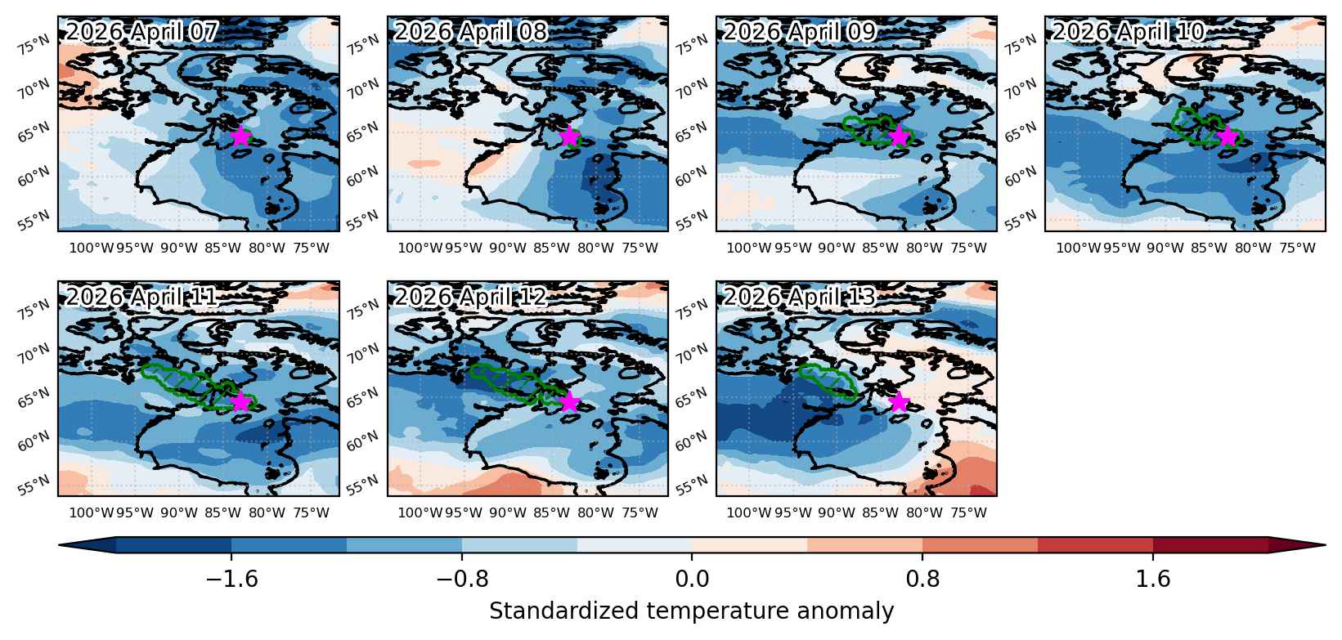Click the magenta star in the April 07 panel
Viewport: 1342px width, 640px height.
tap(240, 137)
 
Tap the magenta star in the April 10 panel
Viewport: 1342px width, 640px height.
tap(1228, 137)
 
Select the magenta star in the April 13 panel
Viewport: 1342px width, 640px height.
tap(899, 401)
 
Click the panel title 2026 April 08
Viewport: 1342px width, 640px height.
tap(471, 32)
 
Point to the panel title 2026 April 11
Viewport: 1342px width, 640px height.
tap(141, 297)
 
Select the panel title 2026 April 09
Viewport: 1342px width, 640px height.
tap(800, 32)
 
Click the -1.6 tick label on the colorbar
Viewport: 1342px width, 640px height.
tap(232, 579)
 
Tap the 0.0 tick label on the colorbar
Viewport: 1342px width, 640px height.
tap(692, 579)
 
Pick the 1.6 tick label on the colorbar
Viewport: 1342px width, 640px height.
tap(1153, 579)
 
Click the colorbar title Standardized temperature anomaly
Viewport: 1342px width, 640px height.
tap(691, 611)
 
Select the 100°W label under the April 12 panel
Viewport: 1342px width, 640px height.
tap(420, 513)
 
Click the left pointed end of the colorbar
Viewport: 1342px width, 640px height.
tap(60, 545)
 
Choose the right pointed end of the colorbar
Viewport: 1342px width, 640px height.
tap(1324, 545)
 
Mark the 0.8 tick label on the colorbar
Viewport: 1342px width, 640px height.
tap(922, 579)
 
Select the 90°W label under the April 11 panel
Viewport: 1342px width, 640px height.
tap(178, 513)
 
